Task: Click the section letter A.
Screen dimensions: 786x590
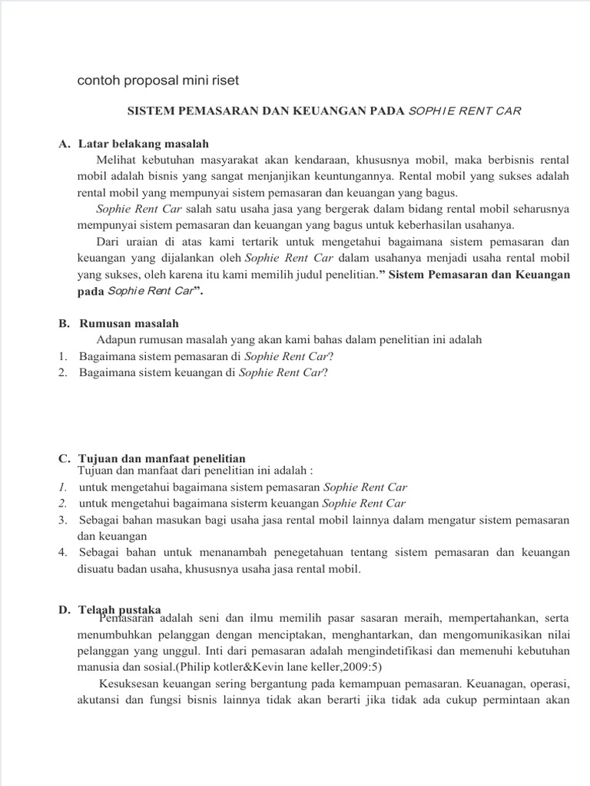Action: click(63, 144)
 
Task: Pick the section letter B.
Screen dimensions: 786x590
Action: click(63, 323)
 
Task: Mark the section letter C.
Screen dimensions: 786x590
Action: click(63, 457)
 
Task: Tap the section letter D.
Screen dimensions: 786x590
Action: click(63, 609)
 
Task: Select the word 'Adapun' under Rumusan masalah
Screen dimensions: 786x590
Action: click(116, 339)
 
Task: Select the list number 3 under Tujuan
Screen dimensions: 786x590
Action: click(62, 520)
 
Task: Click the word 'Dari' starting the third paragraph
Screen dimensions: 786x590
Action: click(108, 241)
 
